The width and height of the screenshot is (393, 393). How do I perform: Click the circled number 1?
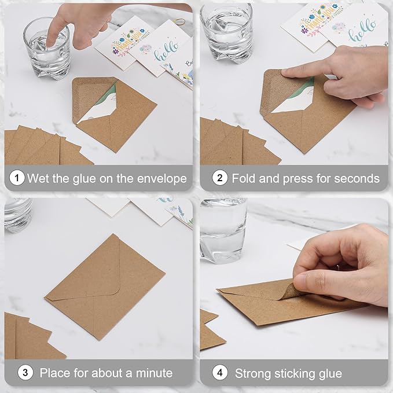17,178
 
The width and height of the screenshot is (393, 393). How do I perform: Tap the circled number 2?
219,178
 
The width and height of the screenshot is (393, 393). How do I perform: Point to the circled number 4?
219,372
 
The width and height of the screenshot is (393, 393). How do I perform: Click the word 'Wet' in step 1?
38,178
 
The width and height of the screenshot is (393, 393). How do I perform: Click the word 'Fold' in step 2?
244,178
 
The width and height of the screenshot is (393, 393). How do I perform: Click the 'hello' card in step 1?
156,52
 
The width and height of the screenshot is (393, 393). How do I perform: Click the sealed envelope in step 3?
104,287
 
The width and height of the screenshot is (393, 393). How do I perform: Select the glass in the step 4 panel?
223,229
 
